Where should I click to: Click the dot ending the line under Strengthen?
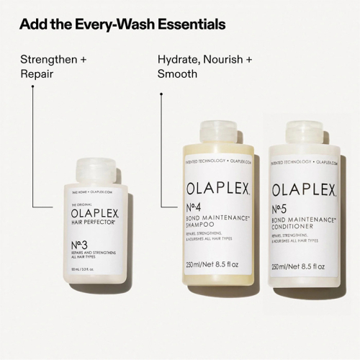(32, 87)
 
